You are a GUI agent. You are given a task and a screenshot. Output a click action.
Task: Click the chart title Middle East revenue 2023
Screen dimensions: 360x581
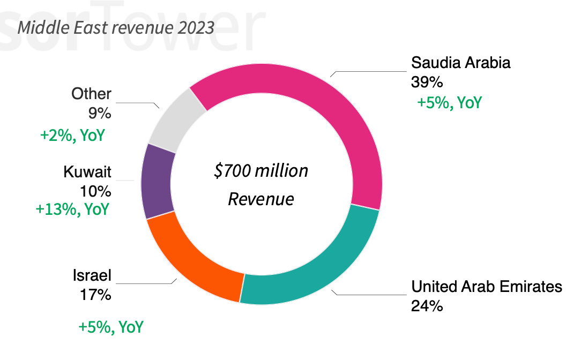click(116, 27)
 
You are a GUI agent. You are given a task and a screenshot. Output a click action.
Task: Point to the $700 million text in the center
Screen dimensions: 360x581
click(261, 171)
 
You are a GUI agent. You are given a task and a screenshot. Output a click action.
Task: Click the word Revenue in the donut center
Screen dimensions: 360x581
click(261, 199)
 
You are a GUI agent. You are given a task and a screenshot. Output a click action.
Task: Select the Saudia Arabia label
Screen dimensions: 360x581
click(461, 63)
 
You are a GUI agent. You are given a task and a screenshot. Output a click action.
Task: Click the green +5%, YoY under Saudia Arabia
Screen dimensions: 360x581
click(449, 102)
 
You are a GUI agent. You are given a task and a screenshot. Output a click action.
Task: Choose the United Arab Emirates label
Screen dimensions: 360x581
click(487, 287)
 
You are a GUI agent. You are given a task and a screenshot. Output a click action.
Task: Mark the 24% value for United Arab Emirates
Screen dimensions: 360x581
click(427, 306)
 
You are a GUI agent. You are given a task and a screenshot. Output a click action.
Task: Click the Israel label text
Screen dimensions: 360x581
click(92, 275)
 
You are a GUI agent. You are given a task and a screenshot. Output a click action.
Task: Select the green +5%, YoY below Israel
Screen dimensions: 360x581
click(111, 326)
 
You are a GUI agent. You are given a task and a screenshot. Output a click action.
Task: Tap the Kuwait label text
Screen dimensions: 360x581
click(87, 172)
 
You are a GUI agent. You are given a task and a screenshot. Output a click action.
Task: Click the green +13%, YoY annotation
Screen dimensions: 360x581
click(72, 209)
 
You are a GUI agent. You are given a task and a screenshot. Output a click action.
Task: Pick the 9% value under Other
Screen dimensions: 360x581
click(100, 114)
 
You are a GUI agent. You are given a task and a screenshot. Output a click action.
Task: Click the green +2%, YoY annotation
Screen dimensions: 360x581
click(72, 135)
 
